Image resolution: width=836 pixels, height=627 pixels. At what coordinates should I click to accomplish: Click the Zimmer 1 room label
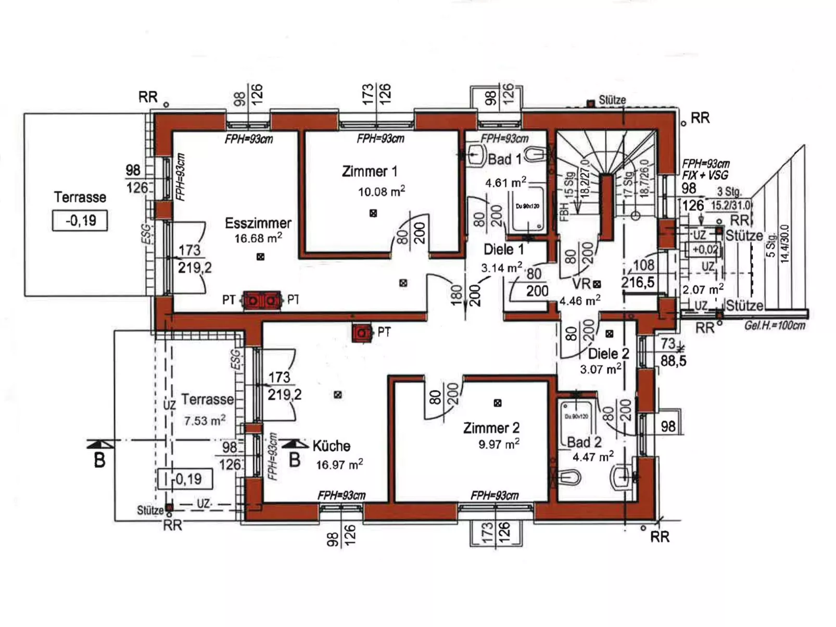[x=370, y=171]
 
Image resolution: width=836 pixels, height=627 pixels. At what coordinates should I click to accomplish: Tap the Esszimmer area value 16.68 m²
[x=258, y=238]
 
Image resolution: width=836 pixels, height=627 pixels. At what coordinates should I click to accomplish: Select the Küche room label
[x=331, y=446]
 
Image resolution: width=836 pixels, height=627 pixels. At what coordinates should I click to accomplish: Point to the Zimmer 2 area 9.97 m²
[x=499, y=444]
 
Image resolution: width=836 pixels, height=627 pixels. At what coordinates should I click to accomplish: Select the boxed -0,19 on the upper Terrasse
[x=80, y=220]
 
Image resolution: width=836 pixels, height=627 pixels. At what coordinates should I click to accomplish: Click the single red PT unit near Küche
[x=362, y=332]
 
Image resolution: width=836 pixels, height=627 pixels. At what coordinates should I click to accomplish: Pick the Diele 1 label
[x=503, y=249]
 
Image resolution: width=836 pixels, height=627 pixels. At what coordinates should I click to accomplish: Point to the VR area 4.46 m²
[x=579, y=301]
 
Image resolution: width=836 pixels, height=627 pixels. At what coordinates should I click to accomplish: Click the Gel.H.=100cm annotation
[x=775, y=326]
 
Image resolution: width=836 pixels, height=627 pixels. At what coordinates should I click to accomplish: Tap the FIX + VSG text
[x=705, y=175]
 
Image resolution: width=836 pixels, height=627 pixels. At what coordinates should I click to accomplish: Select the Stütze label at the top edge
[x=612, y=99]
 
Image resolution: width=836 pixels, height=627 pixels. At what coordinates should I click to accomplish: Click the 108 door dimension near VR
[x=643, y=265]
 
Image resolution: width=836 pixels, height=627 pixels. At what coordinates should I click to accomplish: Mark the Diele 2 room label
[x=608, y=354]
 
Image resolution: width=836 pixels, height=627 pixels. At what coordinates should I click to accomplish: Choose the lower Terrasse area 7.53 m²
[x=205, y=420]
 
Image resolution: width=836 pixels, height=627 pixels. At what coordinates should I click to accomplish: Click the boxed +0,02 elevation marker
[x=705, y=249]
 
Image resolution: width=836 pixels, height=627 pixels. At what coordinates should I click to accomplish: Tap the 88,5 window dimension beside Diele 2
[x=673, y=360]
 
